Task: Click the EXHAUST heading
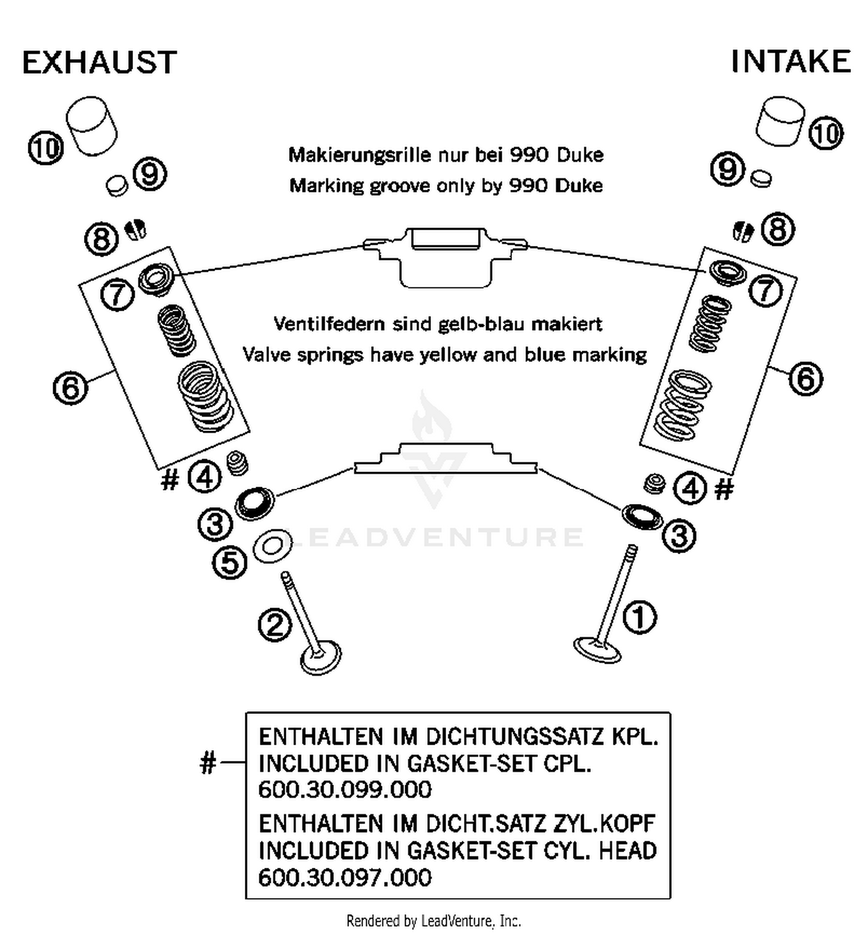click(99, 62)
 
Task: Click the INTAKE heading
click(790, 61)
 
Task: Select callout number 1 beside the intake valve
click(639, 617)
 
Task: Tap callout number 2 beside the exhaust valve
click(274, 625)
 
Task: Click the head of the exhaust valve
click(320, 657)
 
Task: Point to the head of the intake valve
click(597, 650)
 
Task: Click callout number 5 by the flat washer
click(230, 562)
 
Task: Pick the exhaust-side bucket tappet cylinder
click(91, 126)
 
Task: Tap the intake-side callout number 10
click(825, 133)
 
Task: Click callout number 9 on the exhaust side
click(150, 174)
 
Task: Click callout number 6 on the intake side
click(806, 379)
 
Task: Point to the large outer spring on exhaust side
click(204, 396)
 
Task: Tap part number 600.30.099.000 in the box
click(345, 790)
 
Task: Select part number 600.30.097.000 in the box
click(345, 878)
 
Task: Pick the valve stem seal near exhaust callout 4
click(237, 463)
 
